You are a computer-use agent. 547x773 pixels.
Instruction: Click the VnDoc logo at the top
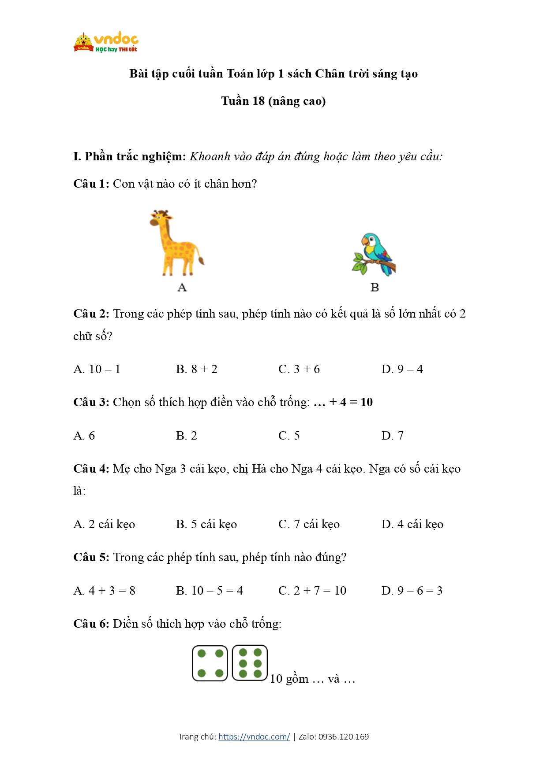coord(106,43)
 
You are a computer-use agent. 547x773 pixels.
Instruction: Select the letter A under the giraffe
coord(182,288)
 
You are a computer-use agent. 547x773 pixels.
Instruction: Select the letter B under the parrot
coord(375,288)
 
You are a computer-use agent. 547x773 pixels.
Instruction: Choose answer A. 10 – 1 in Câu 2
coord(97,369)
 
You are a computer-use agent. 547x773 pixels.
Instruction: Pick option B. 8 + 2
coord(197,369)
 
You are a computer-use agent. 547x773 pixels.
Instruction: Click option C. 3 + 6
coord(299,369)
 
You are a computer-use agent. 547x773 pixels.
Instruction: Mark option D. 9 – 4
coord(402,369)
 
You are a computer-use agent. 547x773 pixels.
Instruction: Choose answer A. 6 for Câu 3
coord(84,436)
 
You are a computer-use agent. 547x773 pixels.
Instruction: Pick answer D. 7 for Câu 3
coord(392,436)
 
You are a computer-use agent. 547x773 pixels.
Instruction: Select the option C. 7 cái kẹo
coord(309,524)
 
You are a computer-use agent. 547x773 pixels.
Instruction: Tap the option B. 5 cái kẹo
coord(206,524)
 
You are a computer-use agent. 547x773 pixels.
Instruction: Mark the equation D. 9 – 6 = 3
coord(412,591)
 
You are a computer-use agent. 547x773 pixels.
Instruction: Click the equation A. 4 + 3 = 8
coord(105,591)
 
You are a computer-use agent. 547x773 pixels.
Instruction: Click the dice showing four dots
coord(210,663)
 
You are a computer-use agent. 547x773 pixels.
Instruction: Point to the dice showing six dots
coord(250,663)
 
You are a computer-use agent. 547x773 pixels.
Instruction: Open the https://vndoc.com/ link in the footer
coord(254,736)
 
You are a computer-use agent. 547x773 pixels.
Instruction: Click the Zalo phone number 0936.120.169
coord(344,736)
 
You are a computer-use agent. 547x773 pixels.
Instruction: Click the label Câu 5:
coord(91,557)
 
